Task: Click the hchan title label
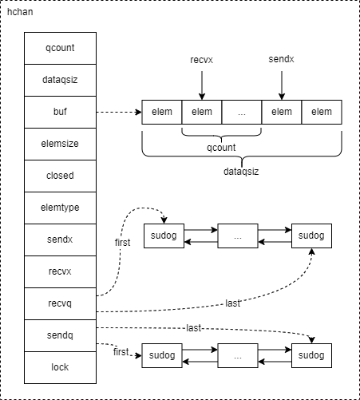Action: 20,12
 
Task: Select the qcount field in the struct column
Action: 60,48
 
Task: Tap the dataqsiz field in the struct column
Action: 60,80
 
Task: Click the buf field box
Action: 60,112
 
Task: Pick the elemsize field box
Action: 60,144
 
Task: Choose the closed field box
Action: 60,176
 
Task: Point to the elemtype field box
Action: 60,208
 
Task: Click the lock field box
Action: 60,367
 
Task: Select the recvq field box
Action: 60,303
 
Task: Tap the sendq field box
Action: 60,335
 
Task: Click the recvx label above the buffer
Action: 202,60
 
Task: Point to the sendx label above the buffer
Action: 281,59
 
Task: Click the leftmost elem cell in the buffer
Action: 162,112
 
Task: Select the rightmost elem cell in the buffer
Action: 322,112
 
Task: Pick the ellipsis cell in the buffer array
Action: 242,112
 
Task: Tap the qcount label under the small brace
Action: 221,148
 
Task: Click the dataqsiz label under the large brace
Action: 241,172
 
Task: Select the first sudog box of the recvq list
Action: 164,236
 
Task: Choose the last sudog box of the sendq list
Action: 311,355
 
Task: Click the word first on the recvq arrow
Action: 123,243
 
